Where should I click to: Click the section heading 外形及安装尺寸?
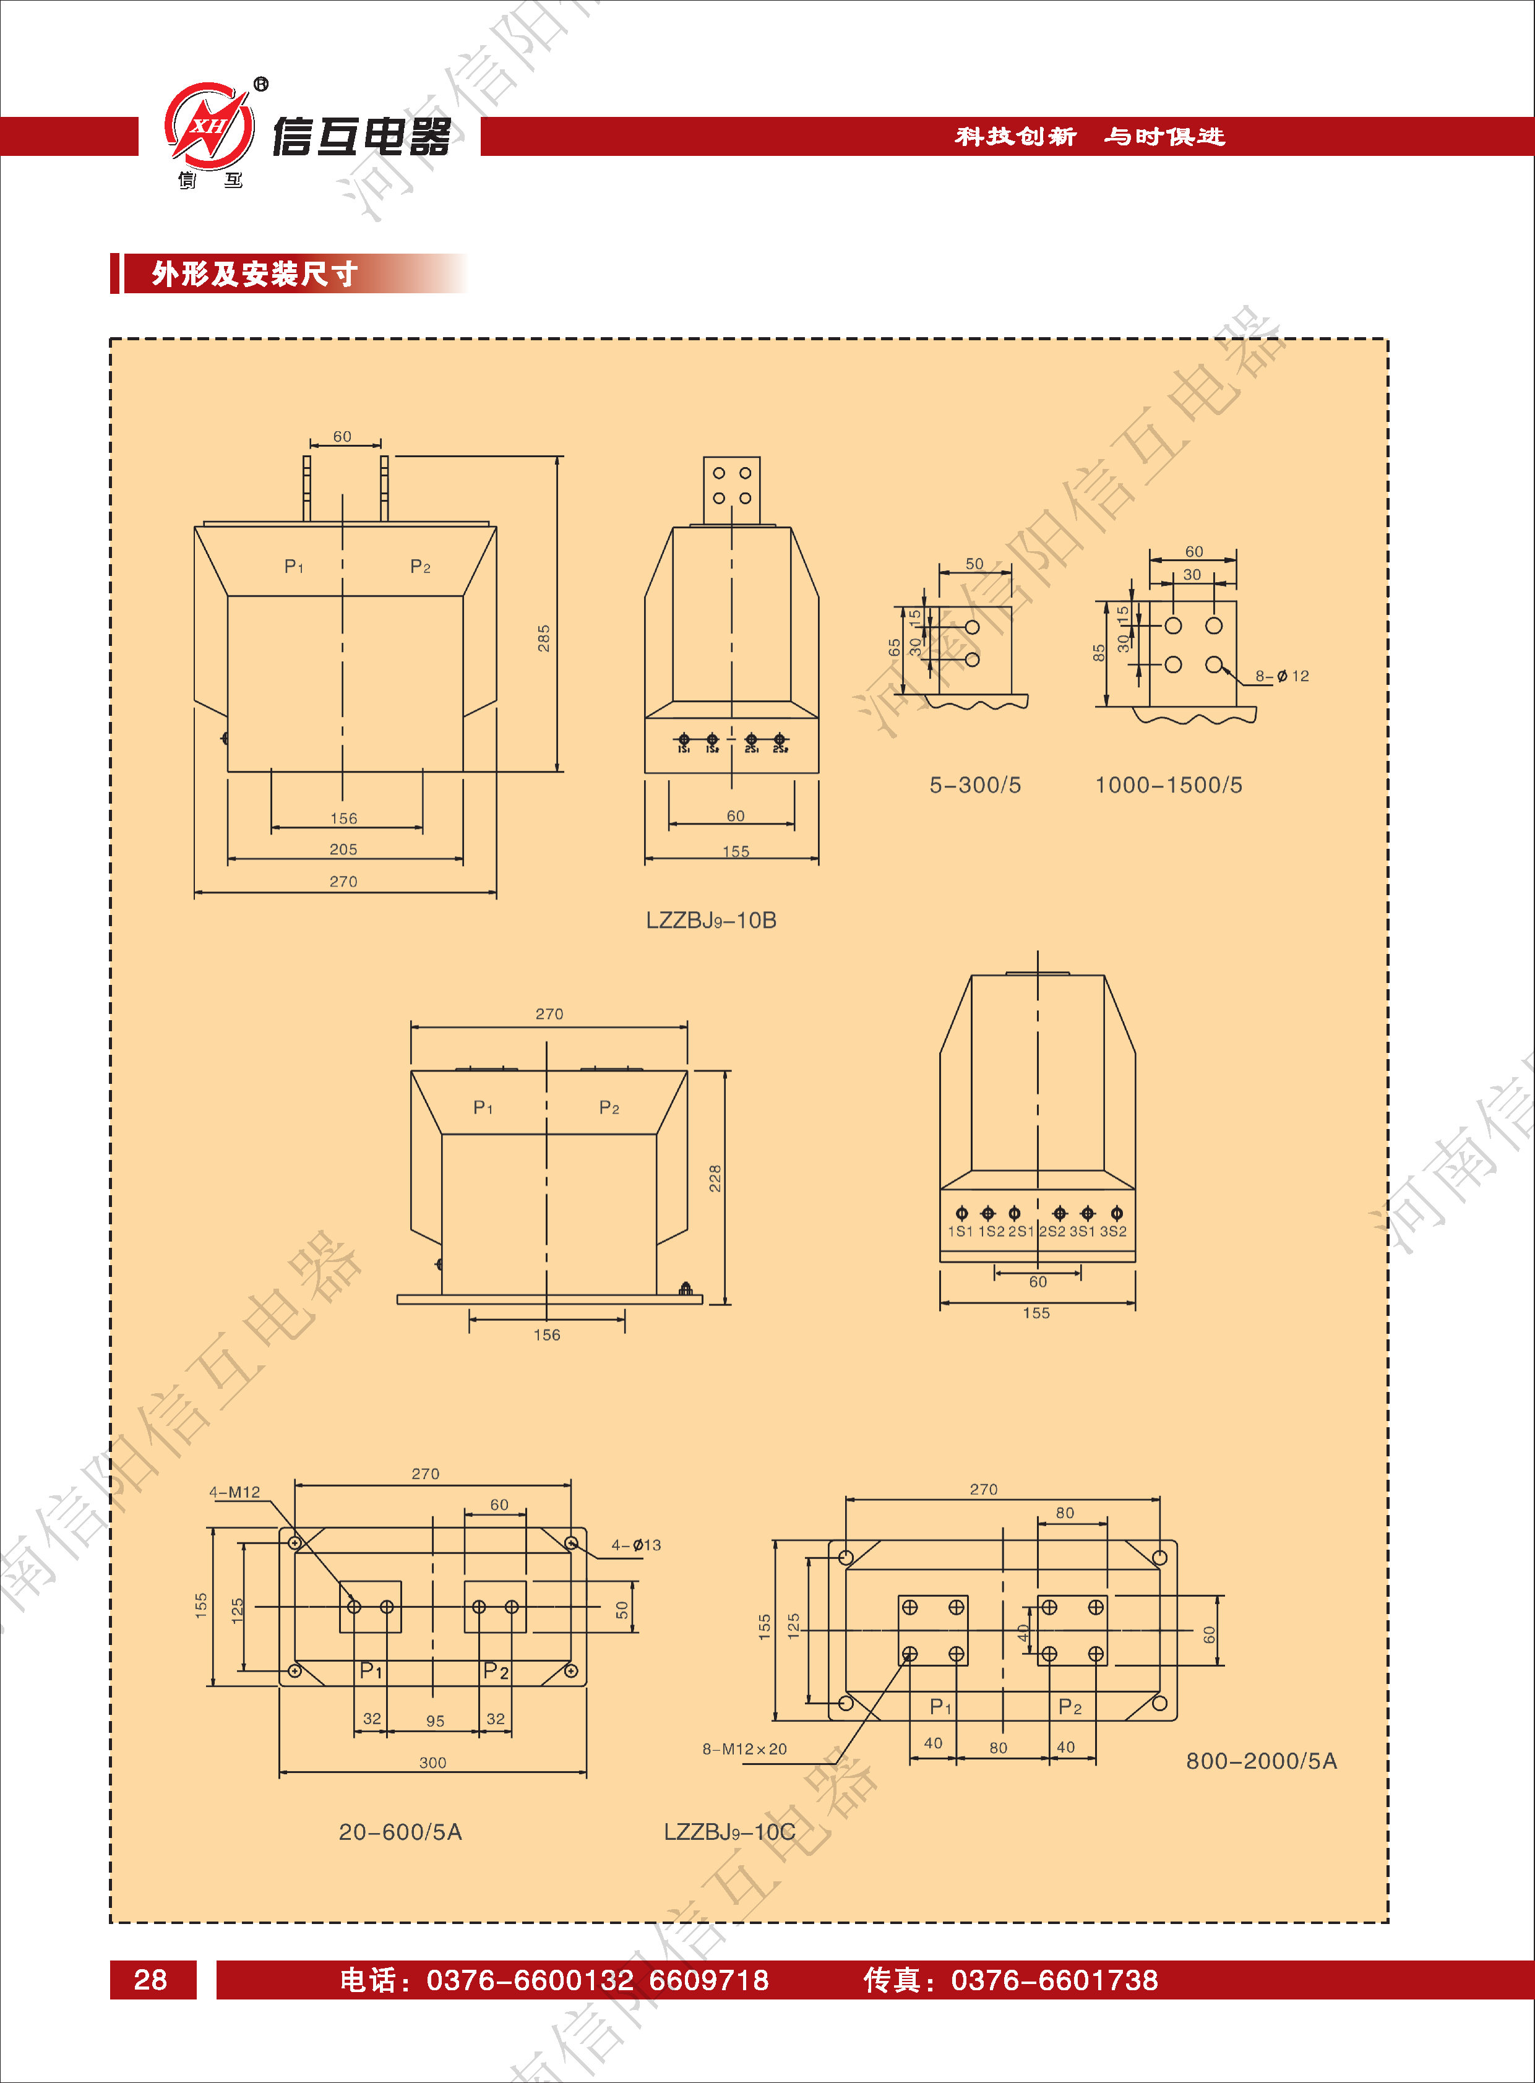pyautogui.click(x=254, y=274)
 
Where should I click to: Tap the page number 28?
pyautogui.click(x=150, y=1980)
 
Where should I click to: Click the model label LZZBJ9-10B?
pyautogui.click(x=711, y=920)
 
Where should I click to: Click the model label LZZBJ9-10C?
pyautogui.click(x=729, y=1831)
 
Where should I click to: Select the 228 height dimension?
pyautogui.click(x=715, y=1178)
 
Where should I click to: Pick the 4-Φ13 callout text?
pyautogui.click(x=635, y=1545)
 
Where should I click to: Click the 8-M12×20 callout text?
pyautogui.click(x=744, y=1748)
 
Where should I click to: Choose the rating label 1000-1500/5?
pyautogui.click(x=1168, y=785)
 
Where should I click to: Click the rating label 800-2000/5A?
pyautogui.click(x=1261, y=1761)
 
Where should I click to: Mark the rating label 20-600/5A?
pyautogui.click(x=400, y=1831)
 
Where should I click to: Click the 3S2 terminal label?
pyautogui.click(x=1113, y=1231)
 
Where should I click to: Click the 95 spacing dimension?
pyautogui.click(x=435, y=1720)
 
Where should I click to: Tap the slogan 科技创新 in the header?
pyautogui.click(x=1015, y=137)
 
